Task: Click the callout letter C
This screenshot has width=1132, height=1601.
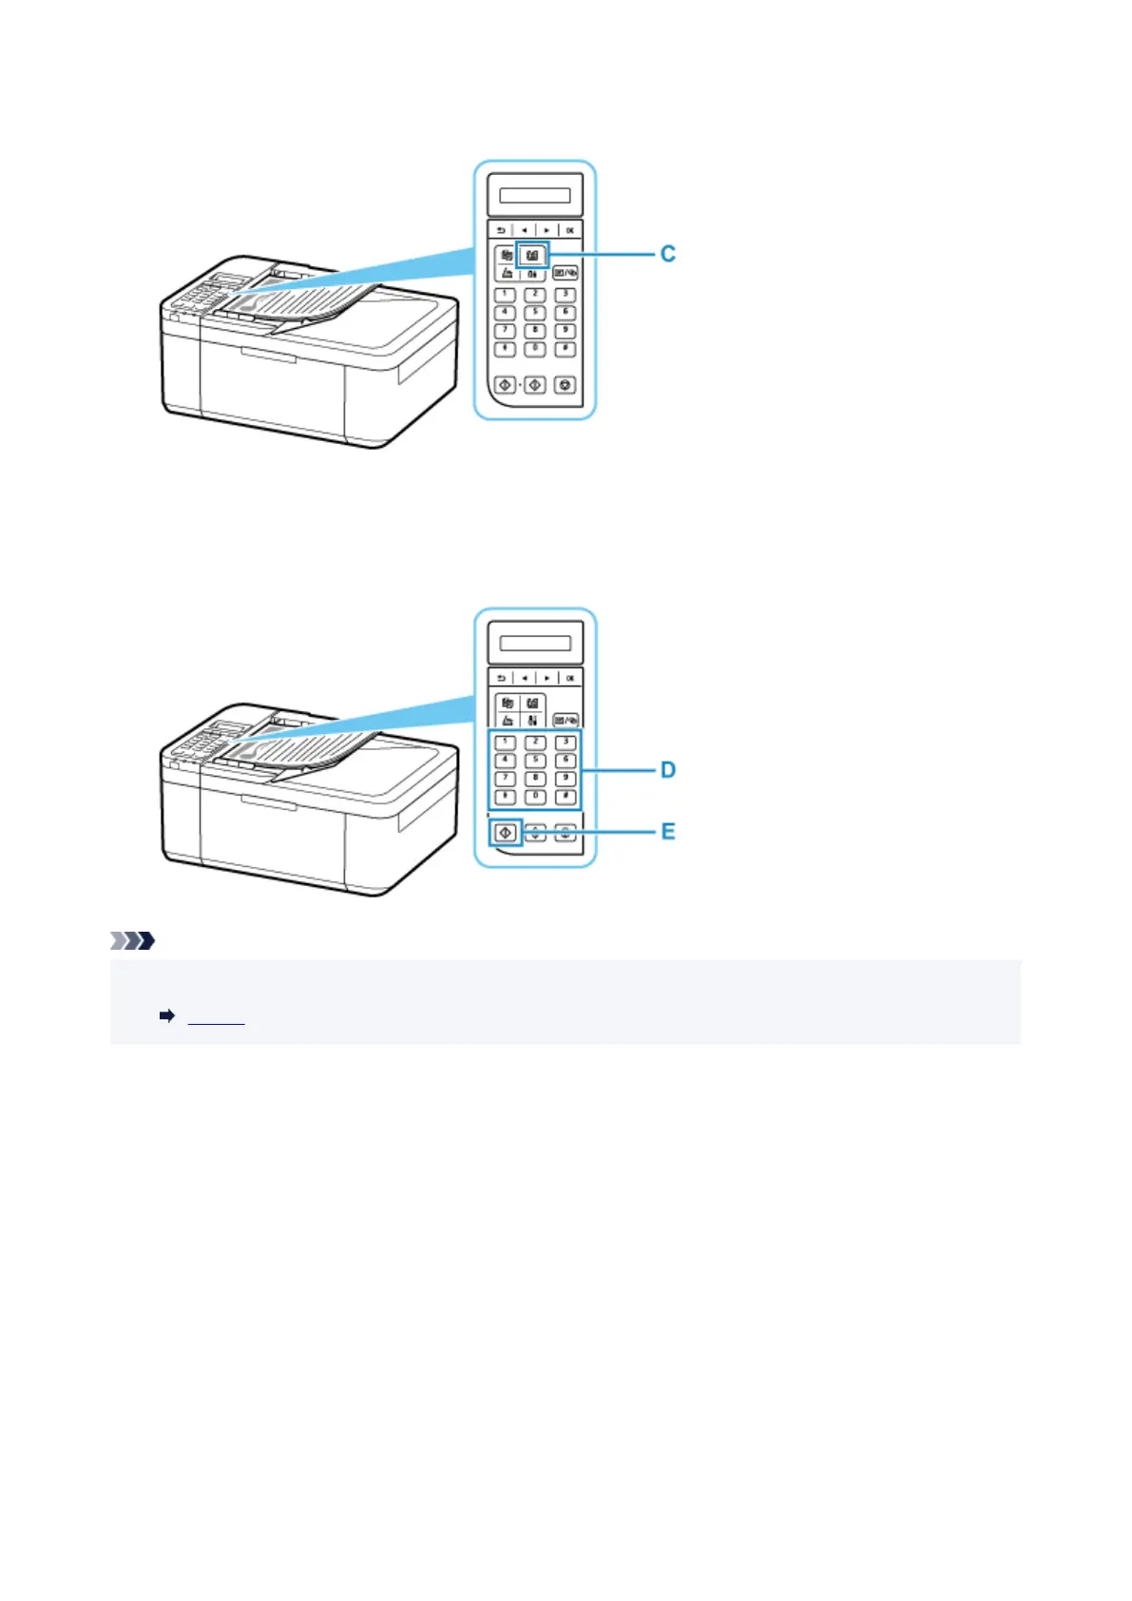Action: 668,254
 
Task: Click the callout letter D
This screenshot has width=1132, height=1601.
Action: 668,769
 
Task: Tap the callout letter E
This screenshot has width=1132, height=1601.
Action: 668,832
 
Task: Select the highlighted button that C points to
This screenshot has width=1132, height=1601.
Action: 532,255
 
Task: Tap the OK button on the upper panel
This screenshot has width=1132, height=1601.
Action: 569,230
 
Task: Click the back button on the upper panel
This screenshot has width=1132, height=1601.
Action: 501,230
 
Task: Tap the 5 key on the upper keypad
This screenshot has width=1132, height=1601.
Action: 535,312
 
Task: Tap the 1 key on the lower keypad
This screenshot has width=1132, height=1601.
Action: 506,743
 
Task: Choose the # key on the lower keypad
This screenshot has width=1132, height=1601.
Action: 566,797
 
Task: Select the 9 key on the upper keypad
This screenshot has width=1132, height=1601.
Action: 566,331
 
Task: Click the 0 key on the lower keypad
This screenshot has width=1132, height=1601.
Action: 535,797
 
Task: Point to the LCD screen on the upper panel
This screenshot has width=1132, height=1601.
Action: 535,196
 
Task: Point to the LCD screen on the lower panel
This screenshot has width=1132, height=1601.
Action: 535,644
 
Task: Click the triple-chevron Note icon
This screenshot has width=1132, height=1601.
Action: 132,941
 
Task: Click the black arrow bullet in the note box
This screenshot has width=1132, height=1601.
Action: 167,1016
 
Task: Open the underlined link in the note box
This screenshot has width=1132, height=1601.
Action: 217,1017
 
